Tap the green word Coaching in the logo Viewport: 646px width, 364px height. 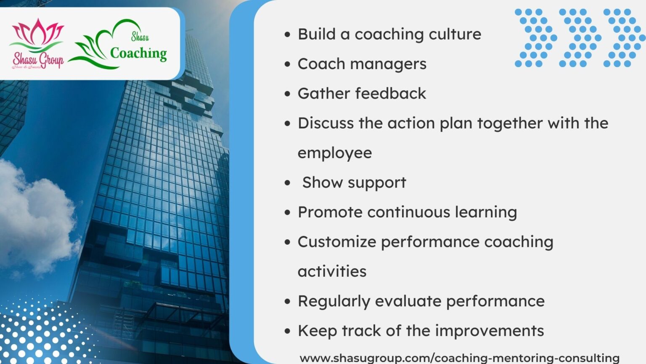[138, 54]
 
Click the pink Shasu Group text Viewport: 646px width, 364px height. [38, 60]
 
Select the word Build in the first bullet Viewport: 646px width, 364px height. [316, 34]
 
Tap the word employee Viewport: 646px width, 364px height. [335, 153]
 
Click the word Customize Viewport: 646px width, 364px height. [337, 242]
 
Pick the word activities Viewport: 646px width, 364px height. [332, 271]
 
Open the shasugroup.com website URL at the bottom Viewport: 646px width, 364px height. [459, 358]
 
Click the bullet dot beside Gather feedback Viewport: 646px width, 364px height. [288, 94]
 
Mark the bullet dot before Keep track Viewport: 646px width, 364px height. [288, 331]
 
